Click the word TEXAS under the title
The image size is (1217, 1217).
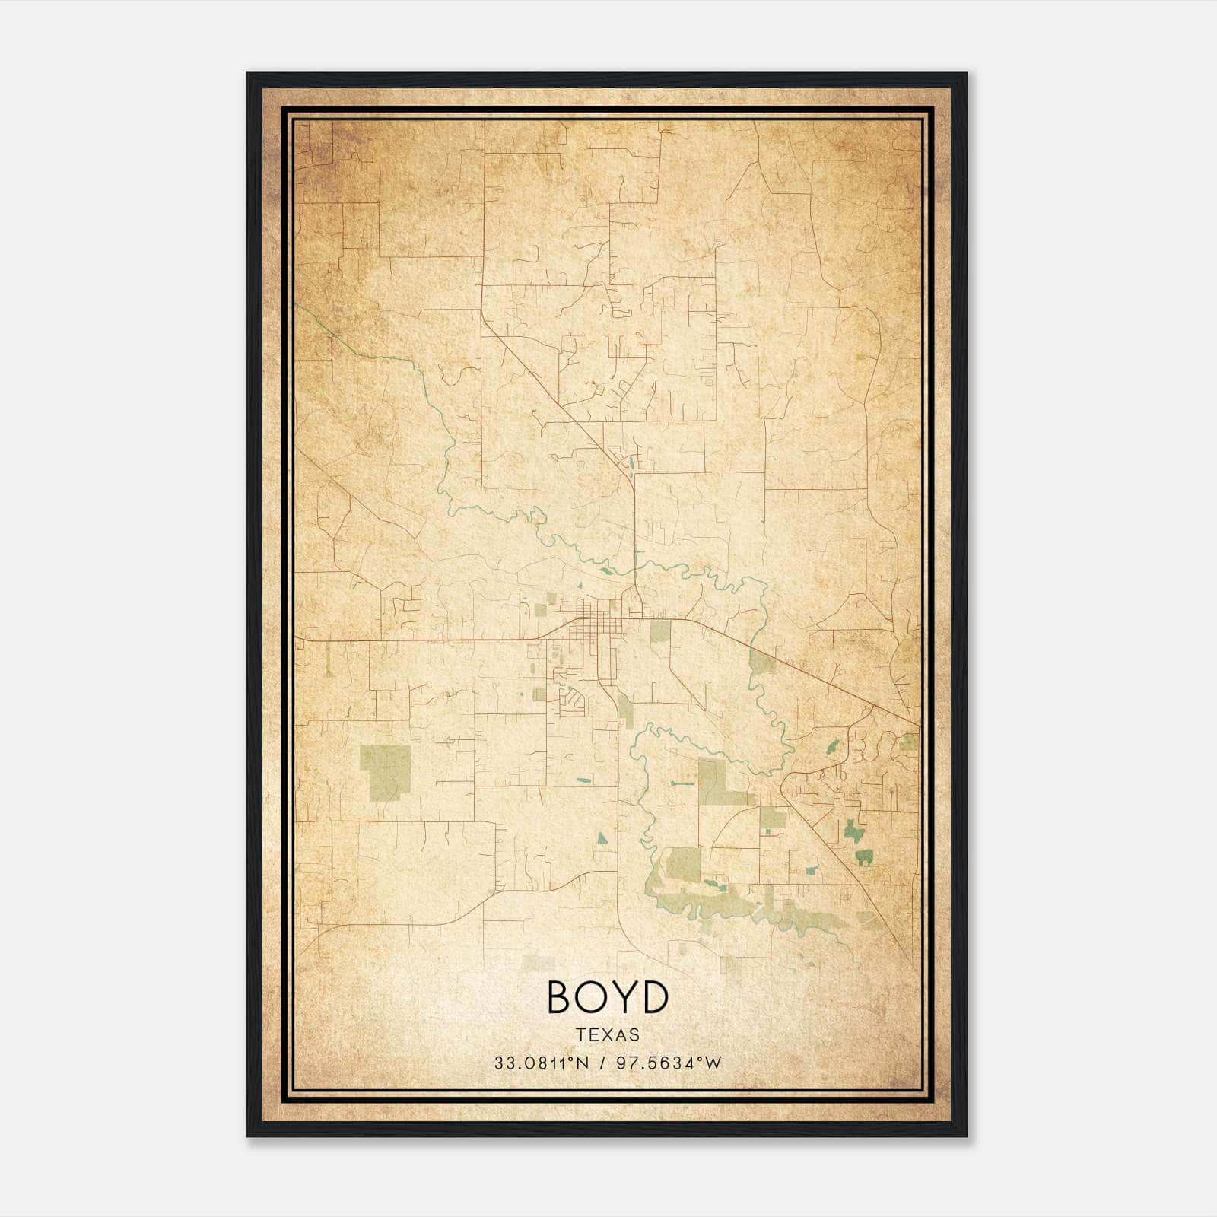pos(607,1034)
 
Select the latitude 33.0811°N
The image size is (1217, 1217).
pos(542,1063)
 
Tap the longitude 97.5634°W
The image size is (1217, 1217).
pos(668,1063)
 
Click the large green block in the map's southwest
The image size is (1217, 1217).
pos(385,773)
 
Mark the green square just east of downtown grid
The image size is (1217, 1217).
pos(660,631)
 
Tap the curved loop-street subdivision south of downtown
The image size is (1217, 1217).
pos(572,698)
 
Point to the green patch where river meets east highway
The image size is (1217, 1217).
pos(761,663)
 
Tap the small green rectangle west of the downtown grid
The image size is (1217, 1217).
pos(541,608)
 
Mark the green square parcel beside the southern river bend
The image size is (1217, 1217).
pos(682,864)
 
